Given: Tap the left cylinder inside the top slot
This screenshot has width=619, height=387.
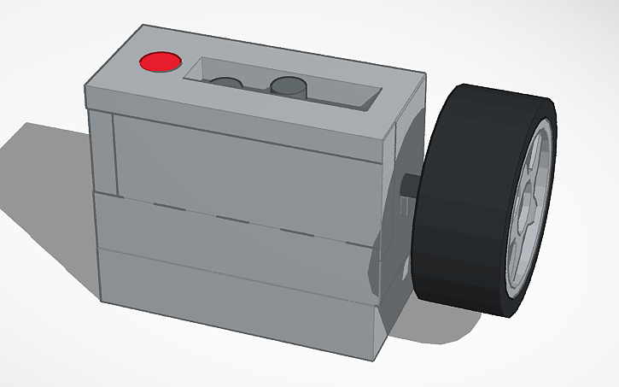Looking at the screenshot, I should click(226, 83).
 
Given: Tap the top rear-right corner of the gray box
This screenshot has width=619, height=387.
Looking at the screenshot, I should click(423, 73).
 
